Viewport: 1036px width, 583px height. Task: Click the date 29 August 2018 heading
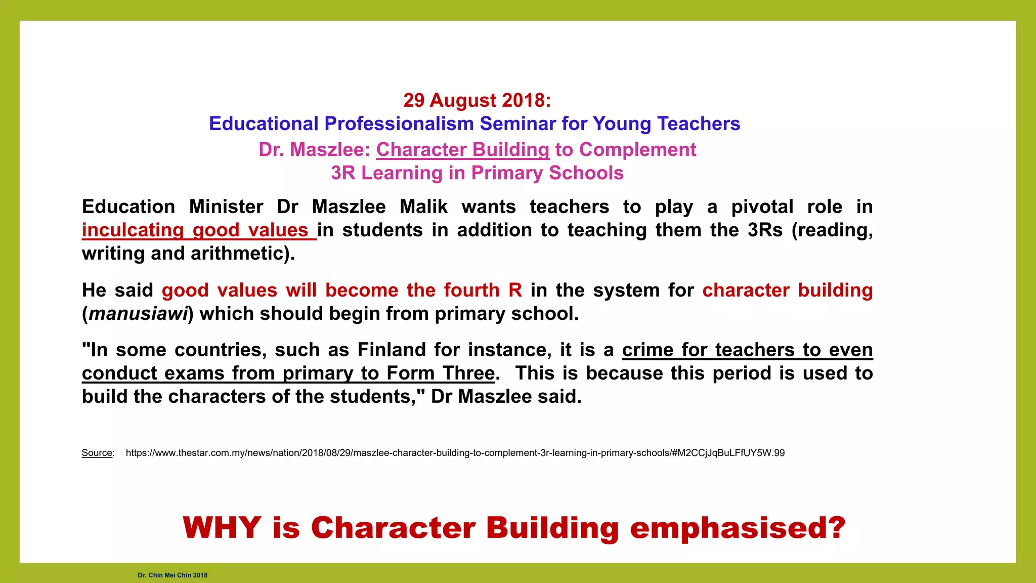477,100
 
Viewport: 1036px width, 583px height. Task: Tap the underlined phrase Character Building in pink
462,150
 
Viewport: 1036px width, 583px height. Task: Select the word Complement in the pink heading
637,150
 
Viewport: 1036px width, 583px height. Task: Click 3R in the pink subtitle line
343,173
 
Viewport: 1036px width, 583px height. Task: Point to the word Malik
423,207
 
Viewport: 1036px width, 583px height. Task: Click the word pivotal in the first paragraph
762,207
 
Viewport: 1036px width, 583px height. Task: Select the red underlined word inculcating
133,230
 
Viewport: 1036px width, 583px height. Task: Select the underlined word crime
648,350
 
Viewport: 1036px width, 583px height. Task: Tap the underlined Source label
97,453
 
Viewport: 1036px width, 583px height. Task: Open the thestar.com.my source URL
455,453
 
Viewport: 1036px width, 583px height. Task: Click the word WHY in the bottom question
222,528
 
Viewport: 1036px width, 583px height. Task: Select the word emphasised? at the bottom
738,528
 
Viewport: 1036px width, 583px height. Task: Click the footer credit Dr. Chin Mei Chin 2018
172,575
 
